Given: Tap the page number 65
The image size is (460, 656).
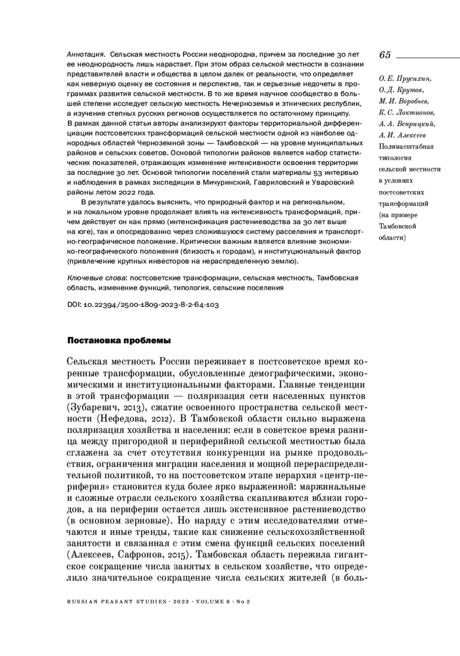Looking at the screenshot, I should tap(385, 55).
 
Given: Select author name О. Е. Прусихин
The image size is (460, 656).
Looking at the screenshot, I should tap(404, 79).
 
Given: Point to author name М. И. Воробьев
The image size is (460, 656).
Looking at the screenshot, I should tap(404, 101).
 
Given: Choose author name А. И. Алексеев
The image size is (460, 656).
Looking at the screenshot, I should tap(402, 135).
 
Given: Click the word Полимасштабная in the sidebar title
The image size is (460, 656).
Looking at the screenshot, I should tap(406, 146).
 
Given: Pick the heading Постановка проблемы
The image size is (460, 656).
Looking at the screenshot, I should tap(119, 340).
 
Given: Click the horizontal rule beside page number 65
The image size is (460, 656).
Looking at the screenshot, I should tap(427, 57).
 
